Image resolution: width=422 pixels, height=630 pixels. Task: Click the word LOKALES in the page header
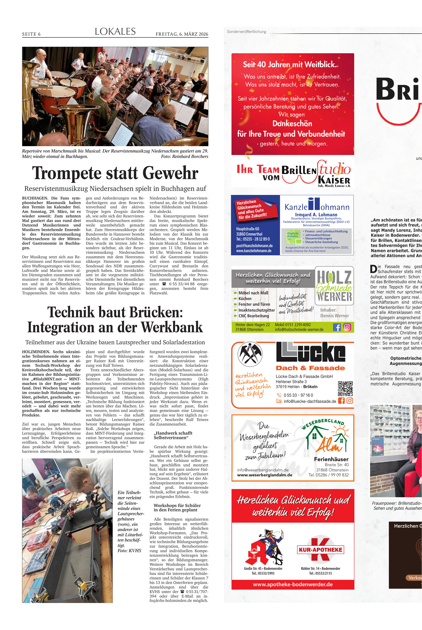point(115,32)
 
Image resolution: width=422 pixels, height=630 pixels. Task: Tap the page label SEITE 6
point(31,34)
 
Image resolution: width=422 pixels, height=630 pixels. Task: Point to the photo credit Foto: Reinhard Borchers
point(184,157)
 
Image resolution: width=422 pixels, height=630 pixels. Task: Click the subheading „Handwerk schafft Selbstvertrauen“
point(173,435)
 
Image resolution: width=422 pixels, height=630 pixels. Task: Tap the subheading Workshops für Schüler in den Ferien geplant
point(177,508)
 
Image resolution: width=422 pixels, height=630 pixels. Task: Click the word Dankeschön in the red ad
point(292,124)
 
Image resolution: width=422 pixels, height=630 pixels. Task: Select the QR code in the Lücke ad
point(345,388)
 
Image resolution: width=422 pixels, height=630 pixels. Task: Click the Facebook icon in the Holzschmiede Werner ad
point(337,327)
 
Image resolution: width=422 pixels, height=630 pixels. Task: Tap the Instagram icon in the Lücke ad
point(350,401)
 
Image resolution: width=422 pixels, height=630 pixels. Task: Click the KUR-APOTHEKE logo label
point(320,550)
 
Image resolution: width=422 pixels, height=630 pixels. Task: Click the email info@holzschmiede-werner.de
point(299,329)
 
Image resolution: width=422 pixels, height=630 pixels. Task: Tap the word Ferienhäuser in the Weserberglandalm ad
point(331,460)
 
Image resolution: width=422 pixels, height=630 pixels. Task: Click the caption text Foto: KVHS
point(129,551)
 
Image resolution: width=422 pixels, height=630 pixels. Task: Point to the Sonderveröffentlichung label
point(246,32)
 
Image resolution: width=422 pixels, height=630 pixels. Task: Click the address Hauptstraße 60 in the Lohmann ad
point(248,229)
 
